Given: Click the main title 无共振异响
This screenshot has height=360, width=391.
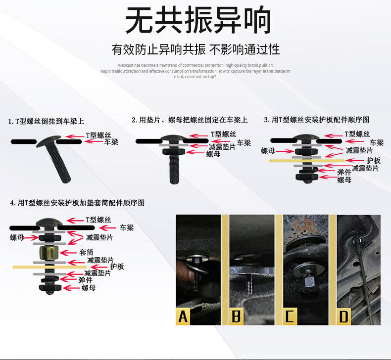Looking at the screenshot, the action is click(198, 21).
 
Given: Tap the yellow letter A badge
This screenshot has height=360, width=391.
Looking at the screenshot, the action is click(183, 316).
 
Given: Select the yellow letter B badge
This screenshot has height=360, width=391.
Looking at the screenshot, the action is click(237, 316).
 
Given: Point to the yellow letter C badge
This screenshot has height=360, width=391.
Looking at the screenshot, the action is click(290, 316).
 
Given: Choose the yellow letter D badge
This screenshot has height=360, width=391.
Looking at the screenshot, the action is click(343, 316).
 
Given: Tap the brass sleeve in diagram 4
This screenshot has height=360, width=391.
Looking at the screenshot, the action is click(49, 254).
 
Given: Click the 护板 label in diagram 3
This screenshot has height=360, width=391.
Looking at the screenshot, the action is click(374, 161).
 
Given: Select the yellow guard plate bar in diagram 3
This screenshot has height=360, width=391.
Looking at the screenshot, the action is click(307, 161).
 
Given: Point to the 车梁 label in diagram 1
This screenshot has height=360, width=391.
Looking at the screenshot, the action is click(111, 142).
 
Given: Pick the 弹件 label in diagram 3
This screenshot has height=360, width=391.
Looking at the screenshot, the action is click(344, 172).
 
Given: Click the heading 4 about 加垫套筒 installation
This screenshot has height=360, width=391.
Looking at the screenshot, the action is click(78, 203).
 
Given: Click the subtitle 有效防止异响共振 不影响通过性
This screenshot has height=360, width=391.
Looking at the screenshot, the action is click(195, 49).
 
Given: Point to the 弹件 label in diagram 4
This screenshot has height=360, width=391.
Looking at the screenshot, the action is click(86, 280).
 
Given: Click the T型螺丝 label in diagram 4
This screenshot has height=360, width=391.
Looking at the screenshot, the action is click(98, 220).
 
